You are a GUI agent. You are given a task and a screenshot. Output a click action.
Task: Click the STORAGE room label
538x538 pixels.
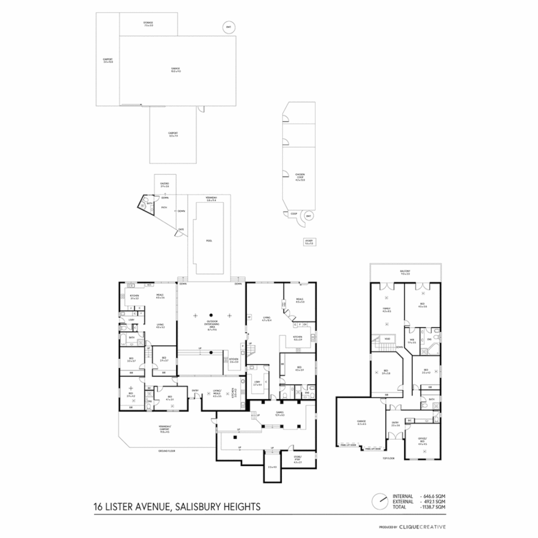(x=148, y=24)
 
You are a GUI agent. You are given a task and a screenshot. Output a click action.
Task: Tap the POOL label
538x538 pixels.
(x=209, y=241)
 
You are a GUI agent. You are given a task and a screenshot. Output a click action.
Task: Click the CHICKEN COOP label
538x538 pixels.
(x=299, y=176)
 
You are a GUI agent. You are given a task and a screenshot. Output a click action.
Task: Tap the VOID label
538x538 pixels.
(x=388, y=339)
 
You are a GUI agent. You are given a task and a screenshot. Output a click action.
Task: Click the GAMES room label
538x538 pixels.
(x=279, y=413)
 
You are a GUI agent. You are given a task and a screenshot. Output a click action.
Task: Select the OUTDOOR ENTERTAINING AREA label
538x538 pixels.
(x=212, y=325)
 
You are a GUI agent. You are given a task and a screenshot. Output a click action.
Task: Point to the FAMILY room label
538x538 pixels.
(x=387, y=310)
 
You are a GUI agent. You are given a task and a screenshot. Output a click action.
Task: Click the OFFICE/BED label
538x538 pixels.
(x=422, y=440)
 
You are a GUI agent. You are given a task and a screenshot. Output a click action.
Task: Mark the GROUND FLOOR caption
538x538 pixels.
(x=166, y=451)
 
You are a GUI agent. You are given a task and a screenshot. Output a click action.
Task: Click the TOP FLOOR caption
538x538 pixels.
(x=388, y=458)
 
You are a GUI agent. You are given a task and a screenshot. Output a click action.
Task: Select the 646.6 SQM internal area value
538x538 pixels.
(x=434, y=496)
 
